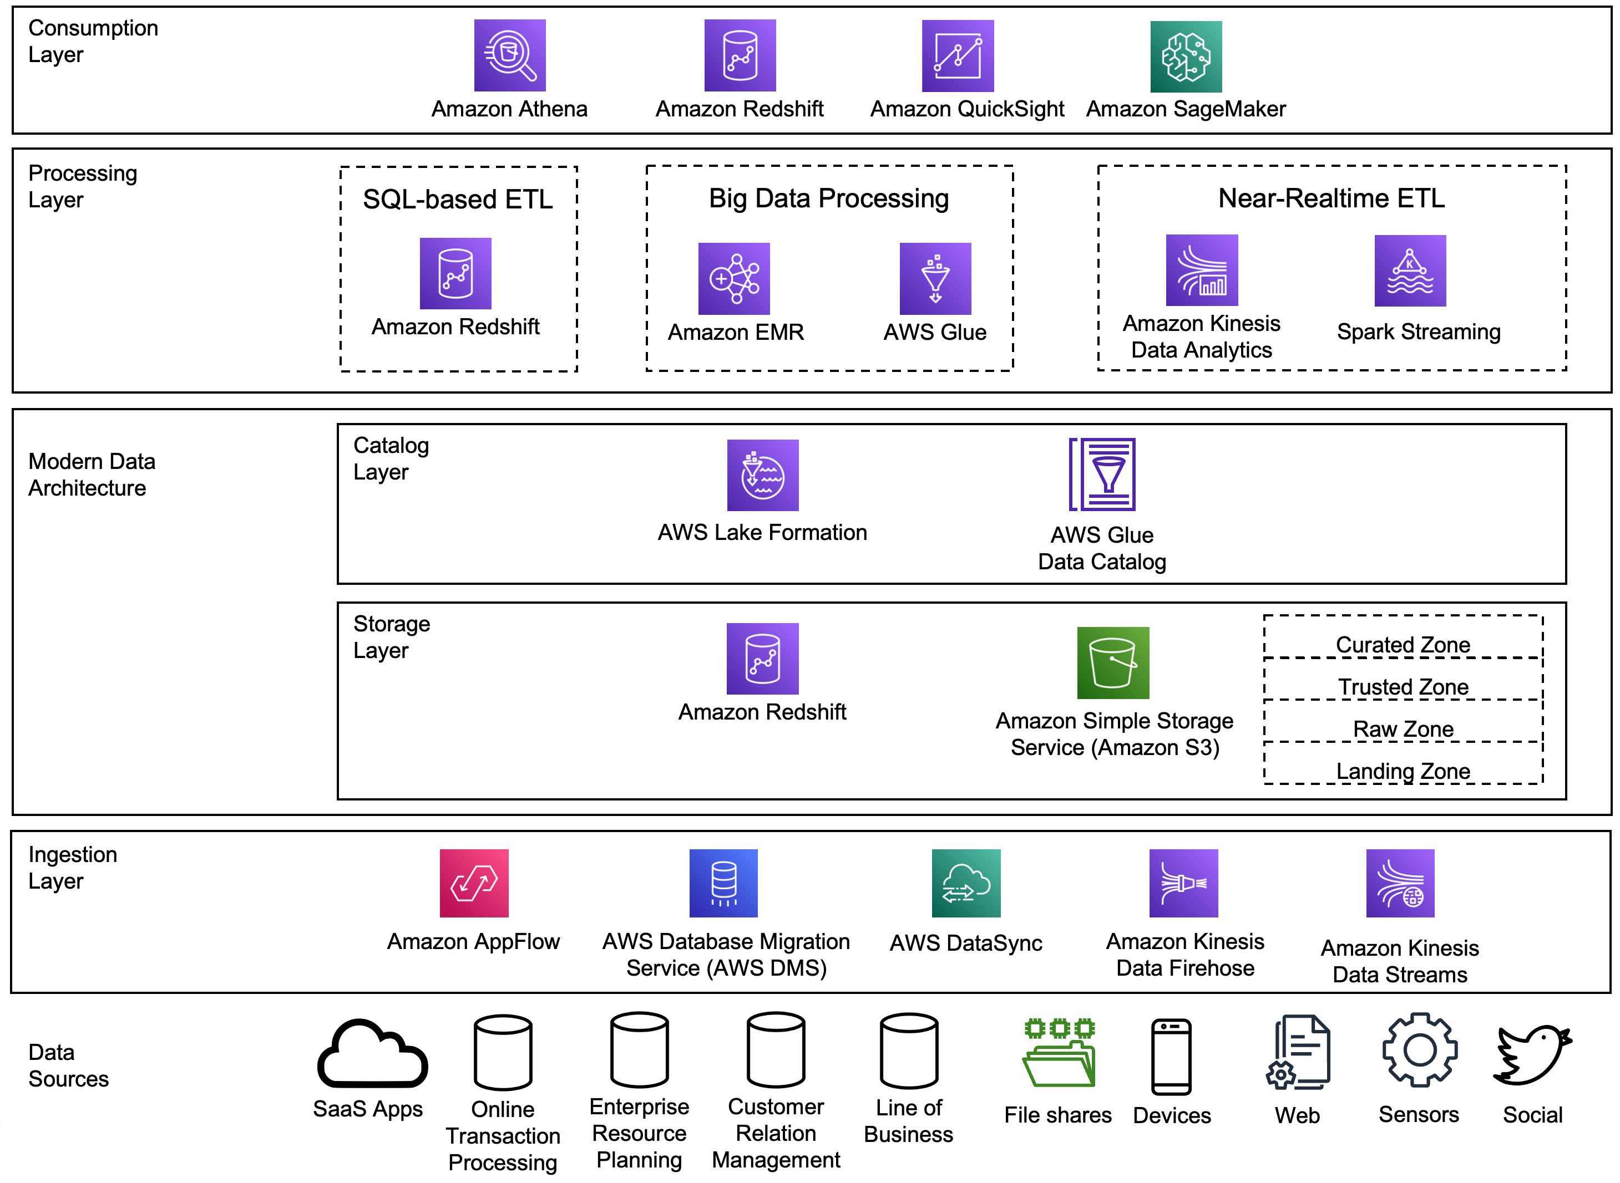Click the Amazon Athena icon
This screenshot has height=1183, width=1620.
pyautogui.click(x=509, y=55)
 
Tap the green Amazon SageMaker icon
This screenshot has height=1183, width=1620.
pyautogui.click(x=1185, y=57)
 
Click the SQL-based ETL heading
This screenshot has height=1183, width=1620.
pyautogui.click(x=457, y=199)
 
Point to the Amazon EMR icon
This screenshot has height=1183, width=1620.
pyautogui.click(x=733, y=278)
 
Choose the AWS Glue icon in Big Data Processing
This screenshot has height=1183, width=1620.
pyautogui.click(x=935, y=278)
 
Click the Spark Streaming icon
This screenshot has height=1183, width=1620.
pyautogui.click(x=1409, y=271)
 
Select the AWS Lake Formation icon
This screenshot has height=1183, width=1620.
pyautogui.click(x=762, y=475)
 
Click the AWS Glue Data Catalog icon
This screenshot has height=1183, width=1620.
pyautogui.click(x=1102, y=474)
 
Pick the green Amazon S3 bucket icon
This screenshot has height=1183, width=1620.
pyautogui.click(x=1113, y=662)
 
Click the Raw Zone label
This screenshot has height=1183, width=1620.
pyautogui.click(x=1402, y=728)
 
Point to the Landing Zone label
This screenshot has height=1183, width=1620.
pyautogui.click(x=1402, y=771)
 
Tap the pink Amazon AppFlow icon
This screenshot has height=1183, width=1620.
pyautogui.click(x=474, y=883)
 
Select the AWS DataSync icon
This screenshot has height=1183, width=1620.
pyautogui.click(x=965, y=883)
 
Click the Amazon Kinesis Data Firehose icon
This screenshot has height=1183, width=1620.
pyautogui.click(x=1183, y=883)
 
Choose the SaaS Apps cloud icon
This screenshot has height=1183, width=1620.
pyautogui.click(x=372, y=1053)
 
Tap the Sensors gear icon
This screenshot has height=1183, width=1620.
pyautogui.click(x=1419, y=1050)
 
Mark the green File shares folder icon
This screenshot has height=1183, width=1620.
pyautogui.click(x=1058, y=1052)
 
